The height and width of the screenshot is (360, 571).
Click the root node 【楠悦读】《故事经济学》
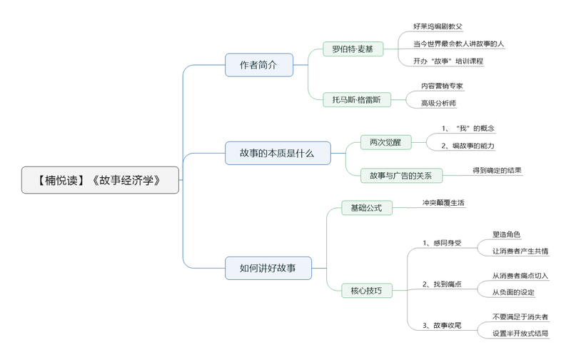click(100, 180)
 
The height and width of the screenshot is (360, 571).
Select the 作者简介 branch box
click(258, 65)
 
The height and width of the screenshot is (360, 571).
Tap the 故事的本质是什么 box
click(278, 153)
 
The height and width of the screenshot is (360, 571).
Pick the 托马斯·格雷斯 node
click(357, 100)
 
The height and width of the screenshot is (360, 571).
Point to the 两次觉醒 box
click(385, 142)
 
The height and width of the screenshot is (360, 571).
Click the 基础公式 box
click(366, 208)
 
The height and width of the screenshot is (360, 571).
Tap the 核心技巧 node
click(366, 291)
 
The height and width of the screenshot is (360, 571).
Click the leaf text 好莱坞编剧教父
click(438, 26)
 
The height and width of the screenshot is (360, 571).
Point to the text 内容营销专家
click(442, 86)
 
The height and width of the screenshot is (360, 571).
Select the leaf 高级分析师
click(438, 104)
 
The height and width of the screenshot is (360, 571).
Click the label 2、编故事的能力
click(468, 146)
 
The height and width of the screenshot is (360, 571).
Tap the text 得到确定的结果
click(497, 171)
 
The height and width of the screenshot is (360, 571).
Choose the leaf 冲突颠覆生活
click(443, 203)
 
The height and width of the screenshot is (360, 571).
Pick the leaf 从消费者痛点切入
click(520, 275)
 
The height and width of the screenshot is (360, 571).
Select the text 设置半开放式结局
click(520, 334)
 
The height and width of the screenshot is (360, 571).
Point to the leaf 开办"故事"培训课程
click(448, 61)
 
